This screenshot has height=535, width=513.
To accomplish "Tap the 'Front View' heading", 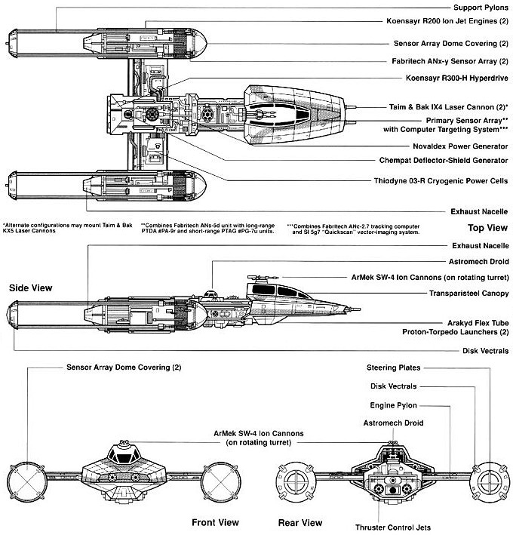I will pyautogui.click(x=215, y=522).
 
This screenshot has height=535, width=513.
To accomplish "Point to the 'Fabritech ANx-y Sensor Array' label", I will pyautogui.click(x=446, y=60).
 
